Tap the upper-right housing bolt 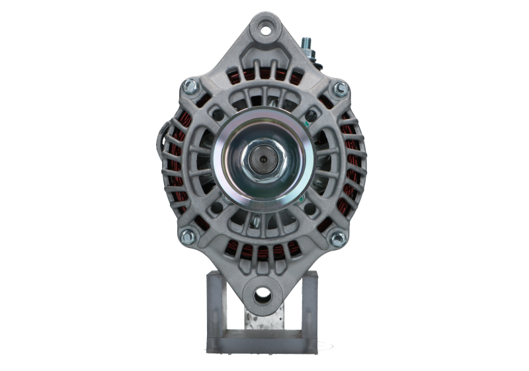[x=340, y=87]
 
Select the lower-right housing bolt [x=339, y=238]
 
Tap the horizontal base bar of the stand [x=263, y=345]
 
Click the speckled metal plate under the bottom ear [x=263, y=321]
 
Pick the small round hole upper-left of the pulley [x=216, y=114]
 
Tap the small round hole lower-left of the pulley [x=216, y=208]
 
